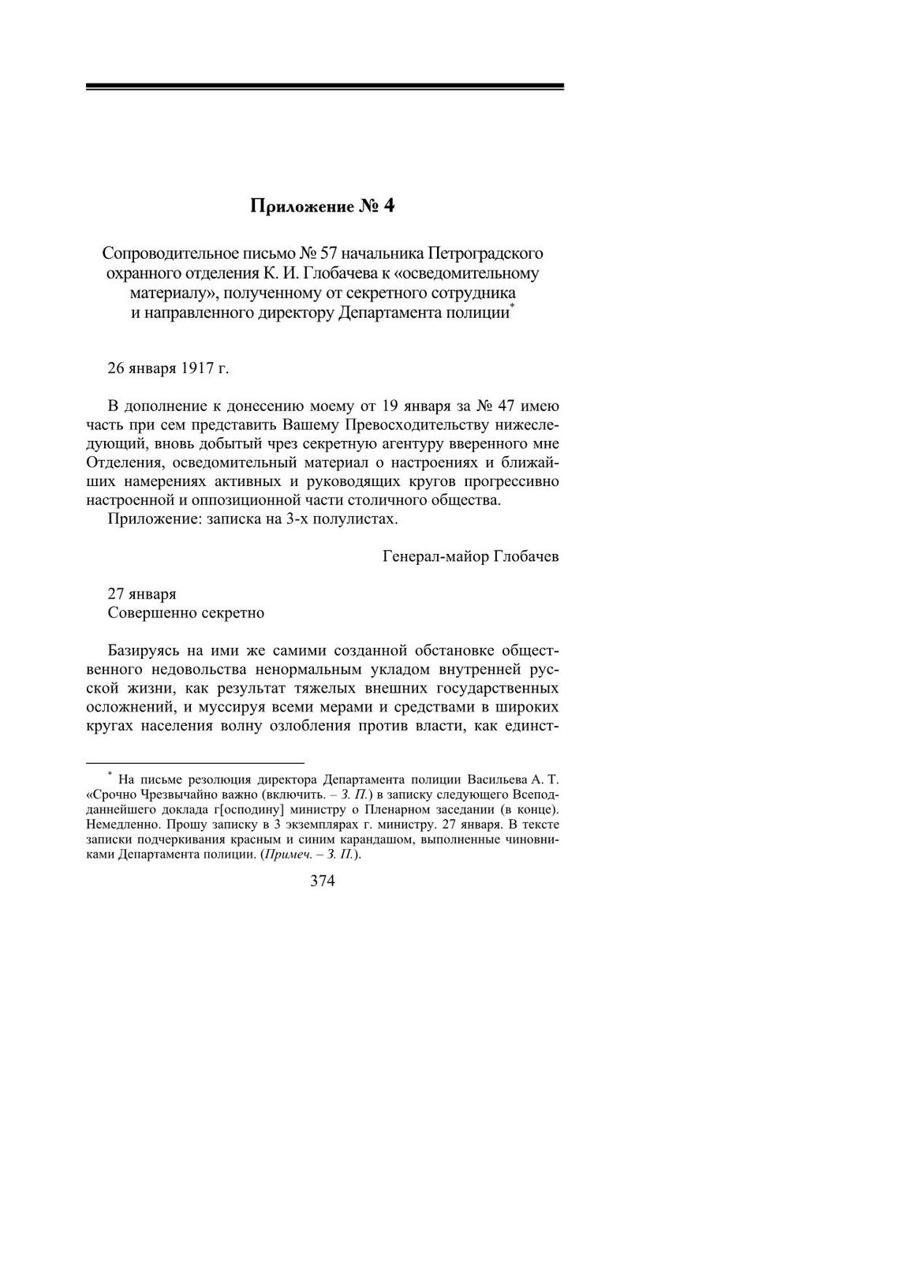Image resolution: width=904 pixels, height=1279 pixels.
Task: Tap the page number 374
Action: click(323, 881)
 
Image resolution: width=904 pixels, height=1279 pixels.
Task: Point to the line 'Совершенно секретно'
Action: click(185, 612)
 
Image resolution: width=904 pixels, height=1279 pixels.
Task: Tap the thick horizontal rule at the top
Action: click(324, 86)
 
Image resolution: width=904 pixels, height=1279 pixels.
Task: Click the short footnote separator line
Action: click(194, 764)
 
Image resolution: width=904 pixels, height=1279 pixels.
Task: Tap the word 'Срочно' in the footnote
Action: click(115, 793)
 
